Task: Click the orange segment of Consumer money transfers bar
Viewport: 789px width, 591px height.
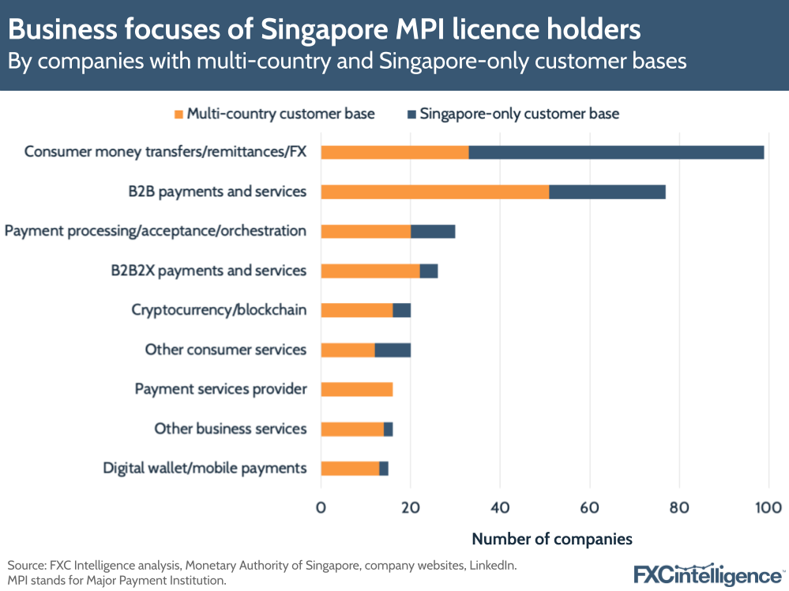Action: tap(394, 152)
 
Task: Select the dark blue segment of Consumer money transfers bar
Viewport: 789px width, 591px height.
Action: tap(616, 152)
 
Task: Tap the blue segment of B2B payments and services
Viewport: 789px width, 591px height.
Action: tap(607, 192)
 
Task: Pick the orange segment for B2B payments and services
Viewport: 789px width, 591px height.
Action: tap(434, 192)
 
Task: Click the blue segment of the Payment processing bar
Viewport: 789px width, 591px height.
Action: tap(433, 231)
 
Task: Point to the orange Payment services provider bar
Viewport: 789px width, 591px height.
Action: tap(356, 389)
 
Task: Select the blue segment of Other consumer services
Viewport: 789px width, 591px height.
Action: tap(393, 350)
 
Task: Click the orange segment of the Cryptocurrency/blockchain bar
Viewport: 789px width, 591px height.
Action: tap(356, 310)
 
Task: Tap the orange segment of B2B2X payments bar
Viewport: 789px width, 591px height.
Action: tap(370, 271)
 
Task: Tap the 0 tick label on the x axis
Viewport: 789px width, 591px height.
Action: tap(321, 507)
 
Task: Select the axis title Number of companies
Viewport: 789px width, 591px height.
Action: tap(552, 540)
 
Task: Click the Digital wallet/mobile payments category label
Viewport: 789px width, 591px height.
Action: tap(205, 468)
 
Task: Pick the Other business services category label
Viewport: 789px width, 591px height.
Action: tap(230, 428)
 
